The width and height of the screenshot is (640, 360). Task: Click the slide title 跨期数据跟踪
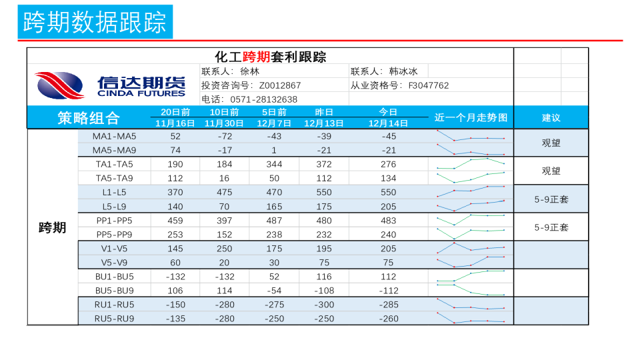click(x=95, y=22)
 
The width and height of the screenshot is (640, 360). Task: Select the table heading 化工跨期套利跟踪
click(x=271, y=57)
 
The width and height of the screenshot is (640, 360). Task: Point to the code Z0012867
click(x=280, y=85)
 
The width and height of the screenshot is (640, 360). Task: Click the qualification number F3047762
click(x=428, y=85)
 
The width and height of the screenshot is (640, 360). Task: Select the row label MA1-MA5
click(x=114, y=136)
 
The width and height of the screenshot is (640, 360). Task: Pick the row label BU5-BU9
click(x=114, y=291)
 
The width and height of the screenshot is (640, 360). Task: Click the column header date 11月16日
click(x=175, y=123)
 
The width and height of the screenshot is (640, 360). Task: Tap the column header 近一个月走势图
click(x=471, y=118)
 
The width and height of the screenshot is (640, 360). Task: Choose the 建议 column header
click(x=551, y=118)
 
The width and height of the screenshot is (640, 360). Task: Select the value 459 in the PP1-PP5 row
click(x=175, y=221)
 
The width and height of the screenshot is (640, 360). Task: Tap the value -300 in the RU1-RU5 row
click(x=323, y=305)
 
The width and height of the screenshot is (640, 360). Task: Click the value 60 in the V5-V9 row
click(x=175, y=263)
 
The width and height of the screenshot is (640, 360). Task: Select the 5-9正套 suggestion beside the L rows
click(x=551, y=199)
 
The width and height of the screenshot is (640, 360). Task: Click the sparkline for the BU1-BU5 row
click(x=471, y=275)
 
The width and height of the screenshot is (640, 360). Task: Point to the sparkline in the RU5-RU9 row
click(x=471, y=319)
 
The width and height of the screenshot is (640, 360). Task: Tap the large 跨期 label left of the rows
click(x=53, y=228)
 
